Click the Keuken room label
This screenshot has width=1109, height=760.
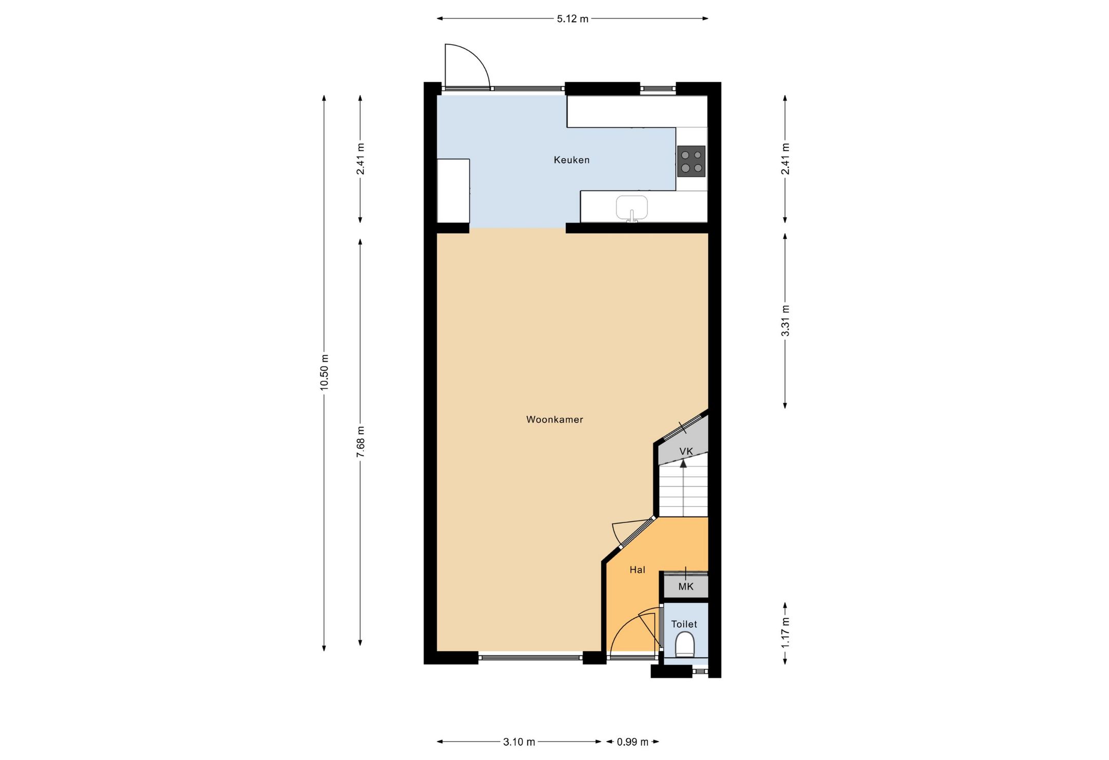(571, 160)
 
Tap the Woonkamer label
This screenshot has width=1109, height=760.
(554, 420)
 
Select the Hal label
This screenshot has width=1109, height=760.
(637, 570)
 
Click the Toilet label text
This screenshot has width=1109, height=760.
(684, 624)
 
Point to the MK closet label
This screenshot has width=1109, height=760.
(686, 587)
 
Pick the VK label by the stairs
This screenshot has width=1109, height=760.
(686, 452)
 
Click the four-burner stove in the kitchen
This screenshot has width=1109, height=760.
(691, 161)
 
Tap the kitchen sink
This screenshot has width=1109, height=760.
(632, 207)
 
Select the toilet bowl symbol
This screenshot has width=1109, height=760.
(684, 645)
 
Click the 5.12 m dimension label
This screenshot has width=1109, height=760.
(572, 19)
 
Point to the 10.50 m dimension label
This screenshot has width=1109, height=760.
(324, 372)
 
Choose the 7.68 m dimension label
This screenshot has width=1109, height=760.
(360, 442)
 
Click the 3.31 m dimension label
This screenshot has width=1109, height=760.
(785, 321)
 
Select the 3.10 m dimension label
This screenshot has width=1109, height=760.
(519, 742)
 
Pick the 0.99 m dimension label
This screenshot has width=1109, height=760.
(632, 742)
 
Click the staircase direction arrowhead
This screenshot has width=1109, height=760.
(683, 464)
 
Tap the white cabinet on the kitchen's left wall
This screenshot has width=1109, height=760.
(453, 190)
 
